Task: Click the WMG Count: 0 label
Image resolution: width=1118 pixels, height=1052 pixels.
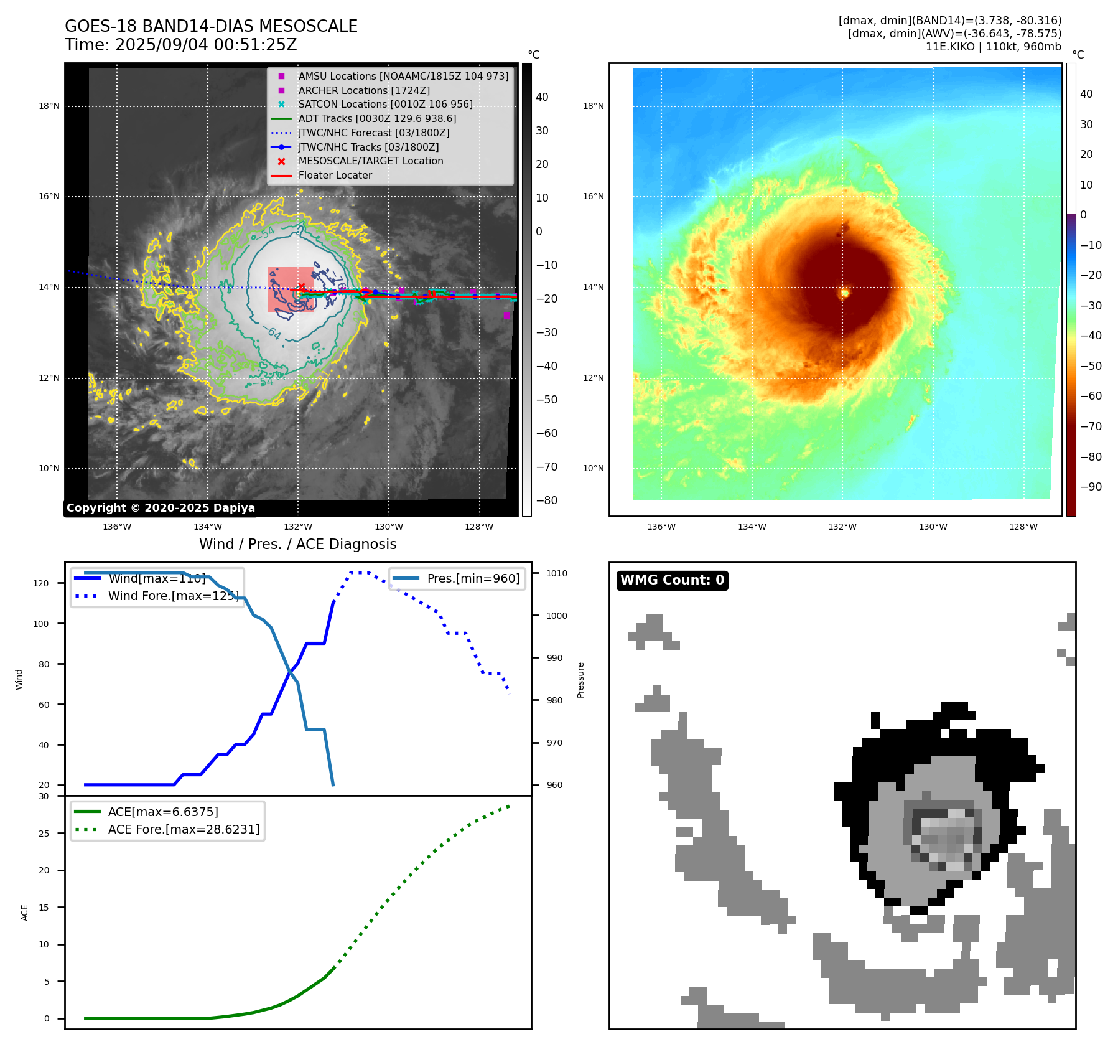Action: click(x=672, y=580)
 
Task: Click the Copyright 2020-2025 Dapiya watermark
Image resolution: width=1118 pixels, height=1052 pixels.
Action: click(x=161, y=508)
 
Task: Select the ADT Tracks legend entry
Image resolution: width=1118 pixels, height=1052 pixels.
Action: click(x=377, y=118)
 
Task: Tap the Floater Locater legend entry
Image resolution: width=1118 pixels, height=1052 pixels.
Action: click(x=335, y=176)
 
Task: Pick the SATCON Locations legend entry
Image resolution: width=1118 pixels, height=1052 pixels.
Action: click(x=385, y=105)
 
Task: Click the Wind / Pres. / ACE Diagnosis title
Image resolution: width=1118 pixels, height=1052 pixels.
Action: click(x=297, y=544)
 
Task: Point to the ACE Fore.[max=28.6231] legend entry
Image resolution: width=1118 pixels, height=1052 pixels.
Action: click(x=184, y=829)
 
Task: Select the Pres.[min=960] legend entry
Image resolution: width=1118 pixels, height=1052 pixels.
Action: click(x=473, y=578)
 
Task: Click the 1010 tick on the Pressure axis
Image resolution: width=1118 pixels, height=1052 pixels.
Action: click(x=557, y=573)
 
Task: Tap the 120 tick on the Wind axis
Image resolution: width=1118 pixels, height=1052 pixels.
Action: click(x=41, y=583)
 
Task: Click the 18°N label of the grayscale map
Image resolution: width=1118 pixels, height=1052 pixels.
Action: click(x=49, y=106)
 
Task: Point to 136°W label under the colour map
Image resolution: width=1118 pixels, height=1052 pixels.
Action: click(x=661, y=527)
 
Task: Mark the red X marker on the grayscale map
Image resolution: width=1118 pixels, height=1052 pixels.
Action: click(x=301, y=286)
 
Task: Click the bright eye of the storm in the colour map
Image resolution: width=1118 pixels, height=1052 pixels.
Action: click(x=845, y=293)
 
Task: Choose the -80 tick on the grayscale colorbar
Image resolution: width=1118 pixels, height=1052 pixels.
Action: click(x=547, y=500)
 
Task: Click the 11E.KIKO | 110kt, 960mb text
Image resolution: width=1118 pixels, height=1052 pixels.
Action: click(x=993, y=47)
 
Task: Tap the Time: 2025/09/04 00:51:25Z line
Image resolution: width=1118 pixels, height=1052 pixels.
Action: click(x=180, y=45)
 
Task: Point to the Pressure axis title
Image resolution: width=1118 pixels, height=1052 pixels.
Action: click(x=580, y=680)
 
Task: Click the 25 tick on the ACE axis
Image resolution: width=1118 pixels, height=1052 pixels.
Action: click(x=44, y=834)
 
